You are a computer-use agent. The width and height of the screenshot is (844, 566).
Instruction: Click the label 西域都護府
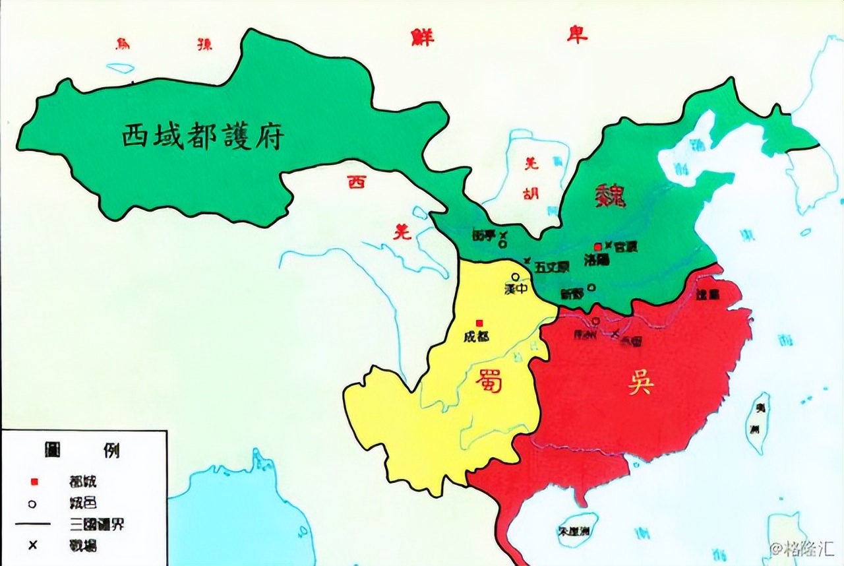pyautogui.click(x=202, y=137)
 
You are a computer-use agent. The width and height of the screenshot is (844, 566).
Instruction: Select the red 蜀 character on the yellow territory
pyautogui.click(x=488, y=381)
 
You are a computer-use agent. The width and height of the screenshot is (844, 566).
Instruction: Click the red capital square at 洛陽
pyautogui.click(x=598, y=246)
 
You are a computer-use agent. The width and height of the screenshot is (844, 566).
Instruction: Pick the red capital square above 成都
pyautogui.click(x=479, y=323)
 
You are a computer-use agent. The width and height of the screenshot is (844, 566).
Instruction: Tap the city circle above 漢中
pyautogui.click(x=515, y=277)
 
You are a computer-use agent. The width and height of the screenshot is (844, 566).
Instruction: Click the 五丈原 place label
pyautogui.click(x=552, y=267)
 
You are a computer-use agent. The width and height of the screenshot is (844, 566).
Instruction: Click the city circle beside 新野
pyautogui.click(x=591, y=287)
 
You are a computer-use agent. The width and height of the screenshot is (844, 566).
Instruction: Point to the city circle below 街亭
pyautogui.click(x=503, y=244)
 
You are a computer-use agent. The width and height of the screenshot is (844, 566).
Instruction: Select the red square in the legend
pyautogui.click(x=33, y=481)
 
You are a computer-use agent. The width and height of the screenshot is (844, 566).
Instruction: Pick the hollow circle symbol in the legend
pyautogui.click(x=33, y=503)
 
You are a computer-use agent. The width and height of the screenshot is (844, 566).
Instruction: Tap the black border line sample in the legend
pyautogui.click(x=33, y=524)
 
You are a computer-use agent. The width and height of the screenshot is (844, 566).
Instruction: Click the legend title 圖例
pyautogui.click(x=82, y=452)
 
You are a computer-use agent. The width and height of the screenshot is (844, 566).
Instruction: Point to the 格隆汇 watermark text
pyautogui.click(x=806, y=549)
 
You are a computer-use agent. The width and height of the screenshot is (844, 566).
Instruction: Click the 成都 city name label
pyautogui.click(x=476, y=336)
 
